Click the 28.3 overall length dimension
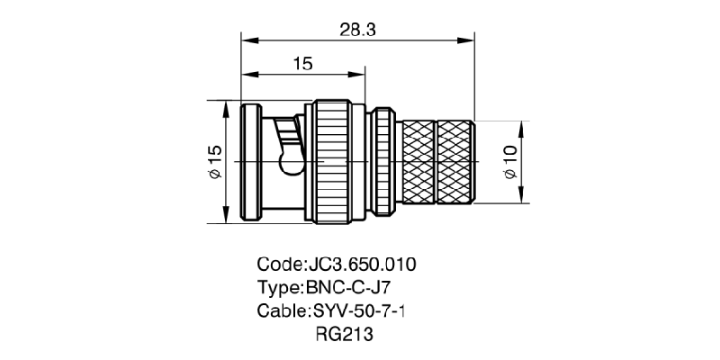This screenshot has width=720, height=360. [356, 30]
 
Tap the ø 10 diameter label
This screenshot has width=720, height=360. [509, 162]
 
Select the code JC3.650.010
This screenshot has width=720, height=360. [362, 265]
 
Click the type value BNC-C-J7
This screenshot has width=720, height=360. [350, 289]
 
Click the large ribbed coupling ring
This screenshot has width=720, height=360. [340, 162]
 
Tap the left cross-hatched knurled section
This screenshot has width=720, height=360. [417, 162]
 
